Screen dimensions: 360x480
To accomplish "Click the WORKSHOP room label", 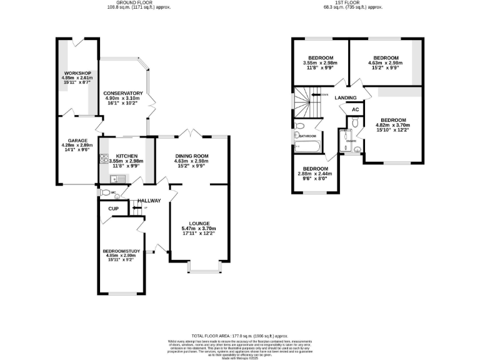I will (76, 73).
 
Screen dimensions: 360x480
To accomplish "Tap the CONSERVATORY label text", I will (123, 94).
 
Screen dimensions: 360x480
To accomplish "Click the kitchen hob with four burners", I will (103, 158).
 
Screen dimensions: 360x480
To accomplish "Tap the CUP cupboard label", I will (113, 209).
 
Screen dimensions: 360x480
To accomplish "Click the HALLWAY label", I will (149, 201).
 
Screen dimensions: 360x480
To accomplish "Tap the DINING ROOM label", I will (192, 156).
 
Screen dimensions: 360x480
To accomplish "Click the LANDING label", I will (345, 98).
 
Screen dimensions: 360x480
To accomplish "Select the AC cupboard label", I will (355, 109).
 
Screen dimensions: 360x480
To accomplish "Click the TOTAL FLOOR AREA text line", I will (240, 336).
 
